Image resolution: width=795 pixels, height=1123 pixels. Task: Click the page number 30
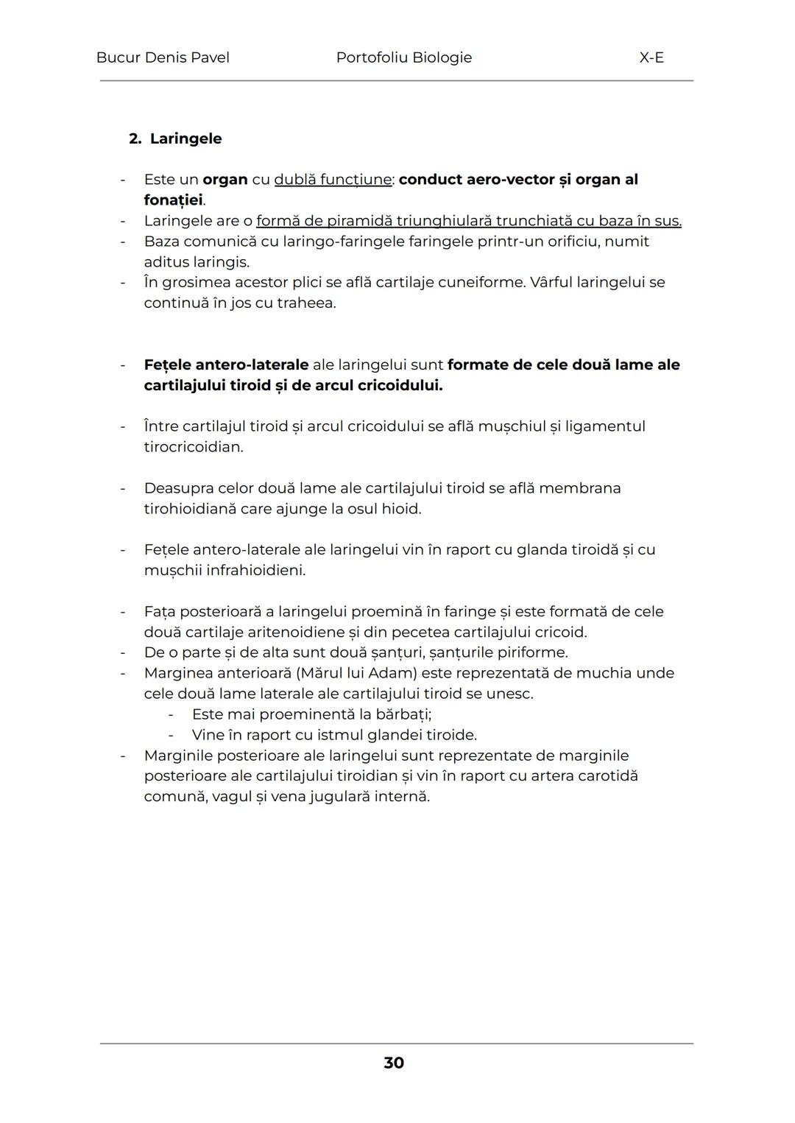point(394,1063)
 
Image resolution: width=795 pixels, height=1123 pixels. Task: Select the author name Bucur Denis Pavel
point(163,57)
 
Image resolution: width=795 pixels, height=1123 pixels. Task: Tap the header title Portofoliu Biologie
point(403,57)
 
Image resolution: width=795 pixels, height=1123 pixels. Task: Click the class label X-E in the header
point(651,57)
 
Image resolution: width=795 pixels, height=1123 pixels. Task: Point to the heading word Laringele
point(185,138)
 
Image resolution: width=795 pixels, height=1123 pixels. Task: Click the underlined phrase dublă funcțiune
point(333,180)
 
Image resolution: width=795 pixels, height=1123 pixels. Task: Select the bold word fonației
point(173,200)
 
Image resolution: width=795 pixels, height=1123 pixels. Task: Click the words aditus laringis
point(197,262)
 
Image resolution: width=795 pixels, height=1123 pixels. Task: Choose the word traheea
point(306,303)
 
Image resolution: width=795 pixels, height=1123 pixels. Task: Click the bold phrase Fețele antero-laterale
point(226,365)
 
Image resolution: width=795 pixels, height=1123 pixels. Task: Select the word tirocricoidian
point(193,447)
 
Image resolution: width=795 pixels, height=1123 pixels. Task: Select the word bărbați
point(403,714)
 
